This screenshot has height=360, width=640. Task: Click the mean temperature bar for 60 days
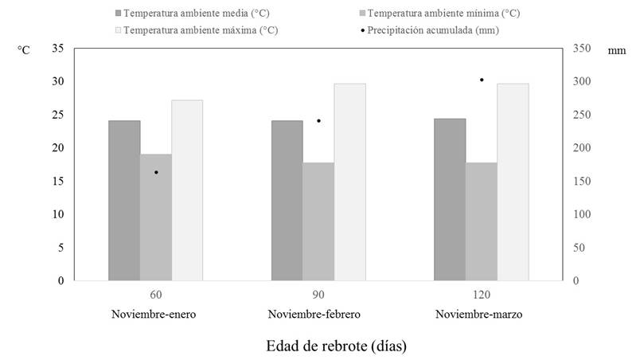click(x=124, y=201)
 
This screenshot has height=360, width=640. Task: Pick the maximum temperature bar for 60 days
click(x=187, y=190)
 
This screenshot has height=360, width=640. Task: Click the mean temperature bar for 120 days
click(x=450, y=199)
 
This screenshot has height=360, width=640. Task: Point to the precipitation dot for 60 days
click(x=156, y=172)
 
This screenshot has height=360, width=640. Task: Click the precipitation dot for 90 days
click(x=318, y=121)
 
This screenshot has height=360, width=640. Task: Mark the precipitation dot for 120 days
click(x=482, y=80)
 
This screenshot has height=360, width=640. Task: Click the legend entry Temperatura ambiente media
click(x=189, y=14)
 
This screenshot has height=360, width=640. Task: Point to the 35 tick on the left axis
click(x=57, y=49)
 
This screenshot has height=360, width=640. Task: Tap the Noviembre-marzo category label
click(x=478, y=315)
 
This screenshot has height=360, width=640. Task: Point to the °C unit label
click(x=24, y=50)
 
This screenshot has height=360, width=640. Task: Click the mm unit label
click(x=617, y=50)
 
